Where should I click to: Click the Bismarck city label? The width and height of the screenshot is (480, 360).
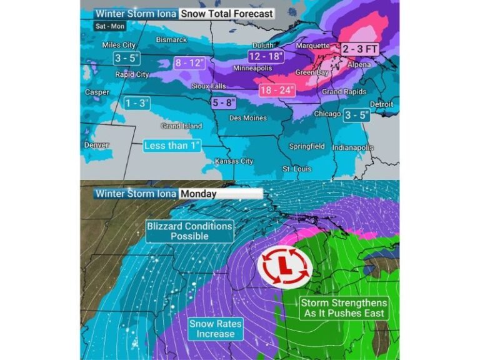click(x=171, y=40)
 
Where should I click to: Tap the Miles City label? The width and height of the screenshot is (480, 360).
click(x=119, y=46)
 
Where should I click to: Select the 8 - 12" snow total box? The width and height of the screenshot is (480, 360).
click(x=189, y=63)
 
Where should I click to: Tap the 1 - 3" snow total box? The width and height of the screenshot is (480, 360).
click(x=137, y=102)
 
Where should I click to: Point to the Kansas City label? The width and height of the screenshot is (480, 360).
click(x=232, y=162)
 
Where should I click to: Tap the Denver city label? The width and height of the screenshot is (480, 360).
click(x=96, y=145)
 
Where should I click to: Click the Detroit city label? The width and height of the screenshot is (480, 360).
click(x=381, y=104)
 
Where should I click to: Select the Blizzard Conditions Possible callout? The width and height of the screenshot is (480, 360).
click(x=189, y=231)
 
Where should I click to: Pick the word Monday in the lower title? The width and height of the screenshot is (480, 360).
click(x=199, y=194)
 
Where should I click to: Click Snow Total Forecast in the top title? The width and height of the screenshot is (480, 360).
click(x=226, y=13)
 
